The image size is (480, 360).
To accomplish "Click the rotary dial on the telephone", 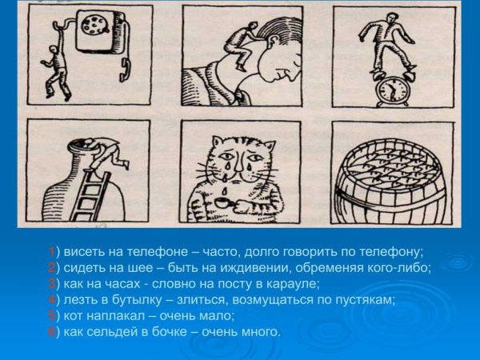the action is pos(95,24).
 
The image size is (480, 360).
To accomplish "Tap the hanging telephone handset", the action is pos(125,70).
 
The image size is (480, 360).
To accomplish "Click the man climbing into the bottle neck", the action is pos(104,152).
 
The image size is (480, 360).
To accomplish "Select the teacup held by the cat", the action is pos(224,202).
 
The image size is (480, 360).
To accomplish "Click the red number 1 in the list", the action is pos(52,252).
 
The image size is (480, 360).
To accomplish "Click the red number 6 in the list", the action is pos(52,332).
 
